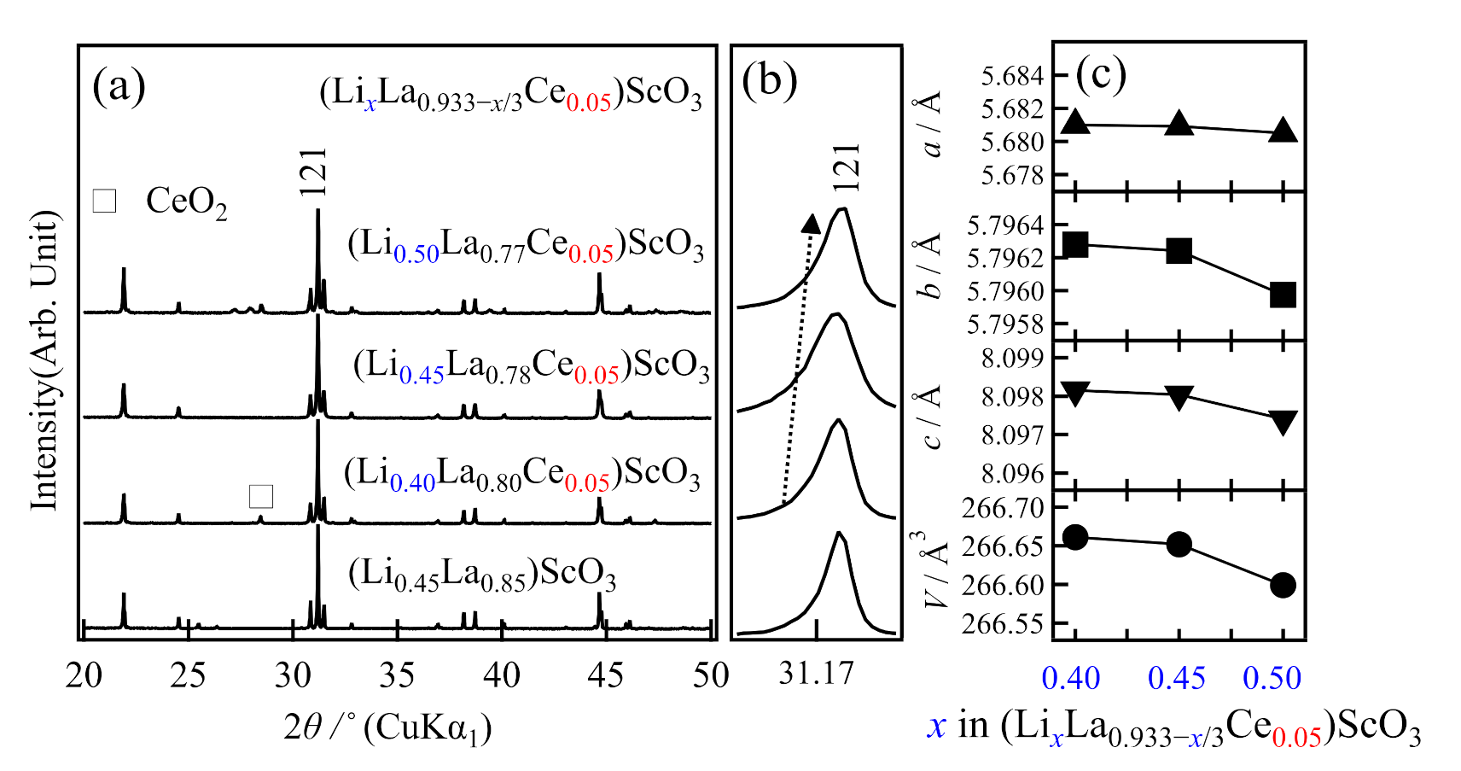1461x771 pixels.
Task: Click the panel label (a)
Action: tap(119, 86)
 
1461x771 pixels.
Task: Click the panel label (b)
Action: tap(770, 82)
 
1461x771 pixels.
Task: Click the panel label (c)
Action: tap(1101, 75)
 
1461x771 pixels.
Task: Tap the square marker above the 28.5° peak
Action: tap(260, 496)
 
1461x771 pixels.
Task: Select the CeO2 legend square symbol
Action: tap(104, 200)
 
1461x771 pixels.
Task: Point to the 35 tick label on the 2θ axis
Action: tap(397, 675)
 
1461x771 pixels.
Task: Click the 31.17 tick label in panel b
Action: tap(816, 674)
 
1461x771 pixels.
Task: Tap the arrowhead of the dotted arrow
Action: tap(811, 224)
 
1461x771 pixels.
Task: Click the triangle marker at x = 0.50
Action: tap(1283, 131)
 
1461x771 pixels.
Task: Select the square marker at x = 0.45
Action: tap(1179, 251)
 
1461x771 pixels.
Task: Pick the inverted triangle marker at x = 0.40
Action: tap(1075, 394)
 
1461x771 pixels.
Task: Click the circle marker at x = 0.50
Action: tap(1283, 586)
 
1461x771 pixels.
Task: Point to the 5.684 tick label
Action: tap(1012, 77)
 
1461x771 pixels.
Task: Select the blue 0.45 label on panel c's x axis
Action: tap(1176, 679)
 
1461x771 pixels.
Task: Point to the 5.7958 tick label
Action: tap(1005, 324)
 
